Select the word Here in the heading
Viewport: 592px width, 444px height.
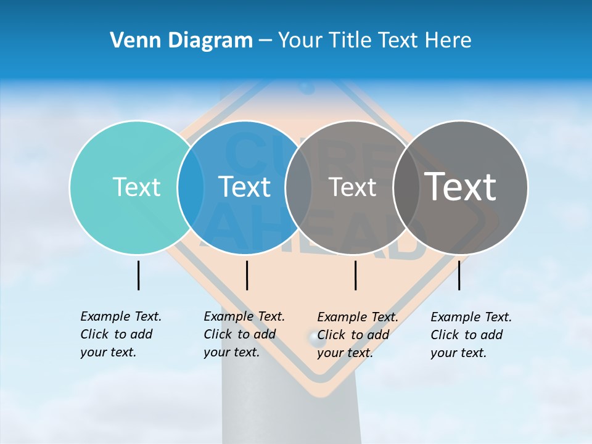click(x=448, y=40)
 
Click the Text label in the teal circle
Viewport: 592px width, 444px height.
click(x=136, y=187)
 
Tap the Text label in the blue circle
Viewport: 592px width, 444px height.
click(x=245, y=187)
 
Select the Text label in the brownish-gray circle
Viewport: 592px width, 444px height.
click(x=352, y=187)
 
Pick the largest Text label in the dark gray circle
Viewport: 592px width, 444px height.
click(x=461, y=187)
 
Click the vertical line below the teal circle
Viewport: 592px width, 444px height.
click(x=138, y=275)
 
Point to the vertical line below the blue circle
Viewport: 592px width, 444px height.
click(x=247, y=275)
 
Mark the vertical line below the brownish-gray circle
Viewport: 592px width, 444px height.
click(x=355, y=275)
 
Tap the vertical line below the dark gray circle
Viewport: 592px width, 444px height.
click(x=459, y=275)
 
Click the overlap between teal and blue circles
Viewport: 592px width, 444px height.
click(x=191, y=187)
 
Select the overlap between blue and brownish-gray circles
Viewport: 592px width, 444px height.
click(x=298, y=187)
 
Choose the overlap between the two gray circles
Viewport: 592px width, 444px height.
click(x=406, y=187)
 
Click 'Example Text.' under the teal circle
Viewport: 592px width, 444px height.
click(x=121, y=316)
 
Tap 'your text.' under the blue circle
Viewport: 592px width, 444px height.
click(x=231, y=352)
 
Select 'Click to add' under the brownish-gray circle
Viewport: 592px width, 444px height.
click(x=353, y=335)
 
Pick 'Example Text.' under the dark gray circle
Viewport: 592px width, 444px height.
click(x=471, y=317)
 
